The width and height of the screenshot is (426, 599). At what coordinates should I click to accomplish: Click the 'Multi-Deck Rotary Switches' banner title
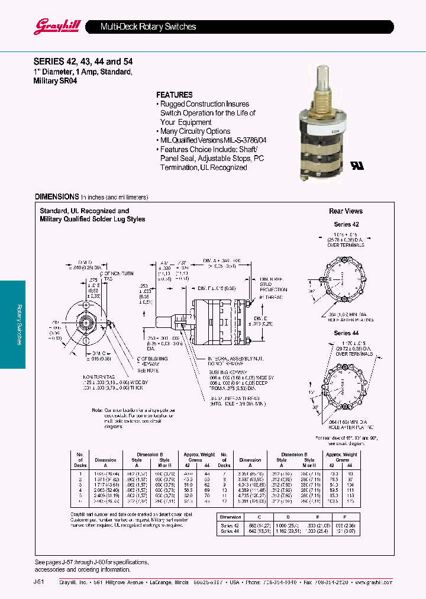148,27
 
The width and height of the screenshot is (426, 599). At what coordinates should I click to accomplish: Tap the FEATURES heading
174,95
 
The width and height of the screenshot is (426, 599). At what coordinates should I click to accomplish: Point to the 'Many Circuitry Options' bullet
195,131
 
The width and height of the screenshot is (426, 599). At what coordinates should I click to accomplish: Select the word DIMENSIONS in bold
56,197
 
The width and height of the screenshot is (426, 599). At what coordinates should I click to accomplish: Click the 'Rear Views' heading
346,211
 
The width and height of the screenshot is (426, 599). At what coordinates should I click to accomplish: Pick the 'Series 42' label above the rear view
346,225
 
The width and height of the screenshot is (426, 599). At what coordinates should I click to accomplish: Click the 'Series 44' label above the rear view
346,333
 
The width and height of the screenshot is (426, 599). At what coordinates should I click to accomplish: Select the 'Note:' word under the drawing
98,410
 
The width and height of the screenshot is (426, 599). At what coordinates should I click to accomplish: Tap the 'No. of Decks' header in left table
80,459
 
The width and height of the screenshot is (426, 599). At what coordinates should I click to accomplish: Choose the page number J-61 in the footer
38,582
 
